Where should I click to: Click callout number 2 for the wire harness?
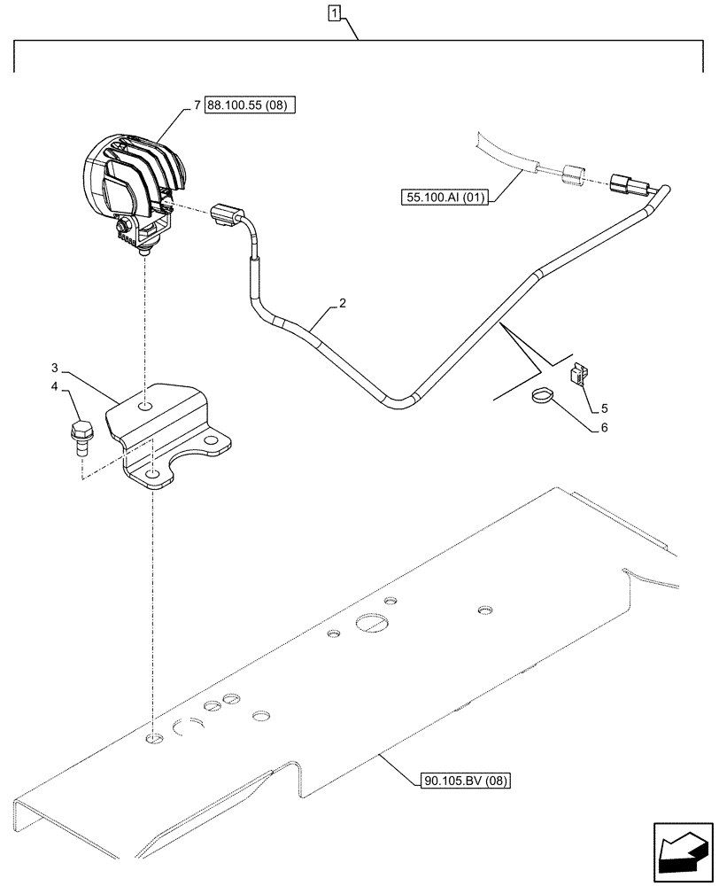(x=343, y=304)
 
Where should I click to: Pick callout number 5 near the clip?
(x=604, y=408)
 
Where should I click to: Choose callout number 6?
(x=604, y=427)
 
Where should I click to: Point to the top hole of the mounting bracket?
(x=145, y=407)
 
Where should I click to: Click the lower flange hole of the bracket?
(x=153, y=476)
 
